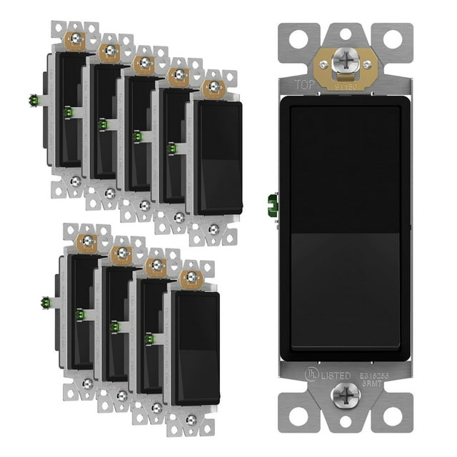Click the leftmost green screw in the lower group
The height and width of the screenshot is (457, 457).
45,301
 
